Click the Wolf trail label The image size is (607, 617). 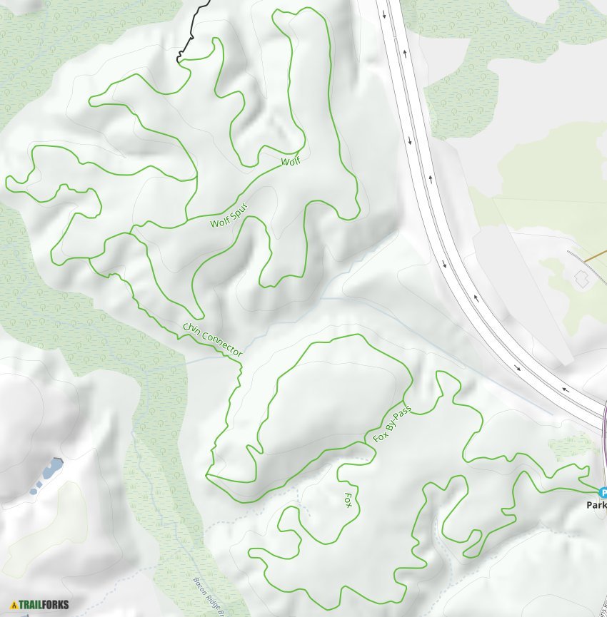point(291,161)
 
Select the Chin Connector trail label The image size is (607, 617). point(213,340)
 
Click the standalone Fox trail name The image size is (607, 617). point(348,499)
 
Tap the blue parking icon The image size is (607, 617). point(603,492)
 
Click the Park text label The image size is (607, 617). point(596,504)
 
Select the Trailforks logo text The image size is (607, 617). point(44,605)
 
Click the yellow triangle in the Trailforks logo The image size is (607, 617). point(14,605)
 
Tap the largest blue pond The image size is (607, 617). point(51,469)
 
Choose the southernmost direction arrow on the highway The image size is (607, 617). point(566,389)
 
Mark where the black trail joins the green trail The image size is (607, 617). point(179,61)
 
